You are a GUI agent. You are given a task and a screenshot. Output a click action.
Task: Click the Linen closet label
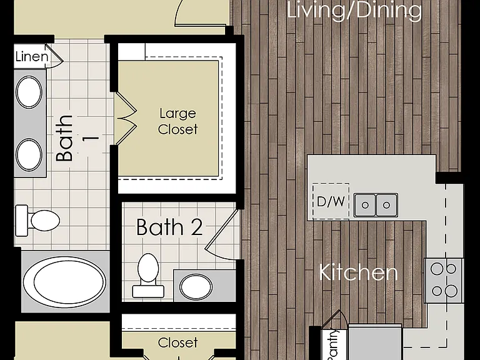click(x=32, y=57)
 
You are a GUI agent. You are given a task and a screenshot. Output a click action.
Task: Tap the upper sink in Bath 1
click(x=29, y=92)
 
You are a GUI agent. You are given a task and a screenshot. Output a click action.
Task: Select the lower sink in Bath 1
click(x=29, y=154)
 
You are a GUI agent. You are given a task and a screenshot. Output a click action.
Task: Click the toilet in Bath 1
click(x=37, y=221)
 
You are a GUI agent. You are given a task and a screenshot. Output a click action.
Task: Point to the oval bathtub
click(x=64, y=282)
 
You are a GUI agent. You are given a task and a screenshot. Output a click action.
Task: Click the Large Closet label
click(x=178, y=121)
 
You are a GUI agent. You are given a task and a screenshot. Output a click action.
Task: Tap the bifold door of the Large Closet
click(x=126, y=117)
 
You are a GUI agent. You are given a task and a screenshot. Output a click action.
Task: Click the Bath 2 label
click(x=169, y=227)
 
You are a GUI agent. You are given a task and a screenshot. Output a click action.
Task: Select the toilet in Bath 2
click(x=147, y=276)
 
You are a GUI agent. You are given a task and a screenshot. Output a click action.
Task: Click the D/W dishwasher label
click(x=331, y=202)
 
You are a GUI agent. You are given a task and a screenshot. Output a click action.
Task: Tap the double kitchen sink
click(x=376, y=205)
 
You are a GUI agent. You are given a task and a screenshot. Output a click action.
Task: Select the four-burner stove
click(x=444, y=281)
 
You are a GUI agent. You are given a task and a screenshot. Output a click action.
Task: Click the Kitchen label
click(x=358, y=272)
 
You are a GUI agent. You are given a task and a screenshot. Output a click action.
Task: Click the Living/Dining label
click(x=354, y=11)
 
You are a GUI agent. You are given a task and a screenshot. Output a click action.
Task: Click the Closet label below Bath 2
click(x=178, y=343)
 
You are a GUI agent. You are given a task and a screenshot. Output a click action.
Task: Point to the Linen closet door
click(x=54, y=56)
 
